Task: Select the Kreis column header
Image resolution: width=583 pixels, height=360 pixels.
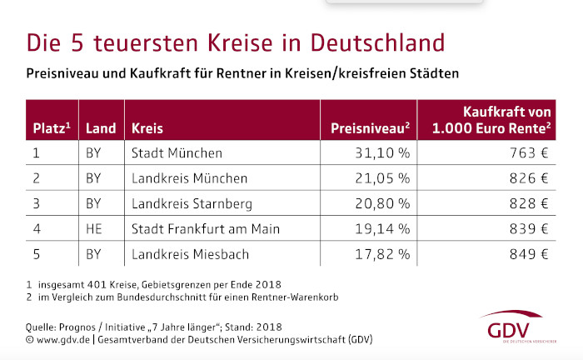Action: (x=147, y=129)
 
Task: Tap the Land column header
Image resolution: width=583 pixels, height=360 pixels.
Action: (x=100, y=129)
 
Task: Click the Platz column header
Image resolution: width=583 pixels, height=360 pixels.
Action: (x=51, y=129)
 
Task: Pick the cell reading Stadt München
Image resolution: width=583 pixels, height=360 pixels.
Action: (x=177, y=153)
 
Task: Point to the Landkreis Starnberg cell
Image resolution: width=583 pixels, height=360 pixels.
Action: (x=192, y=203)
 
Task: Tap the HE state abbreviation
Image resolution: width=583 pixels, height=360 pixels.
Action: (x=93, y=228)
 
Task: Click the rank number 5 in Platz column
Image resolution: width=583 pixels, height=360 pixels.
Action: (x=36, y=253)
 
